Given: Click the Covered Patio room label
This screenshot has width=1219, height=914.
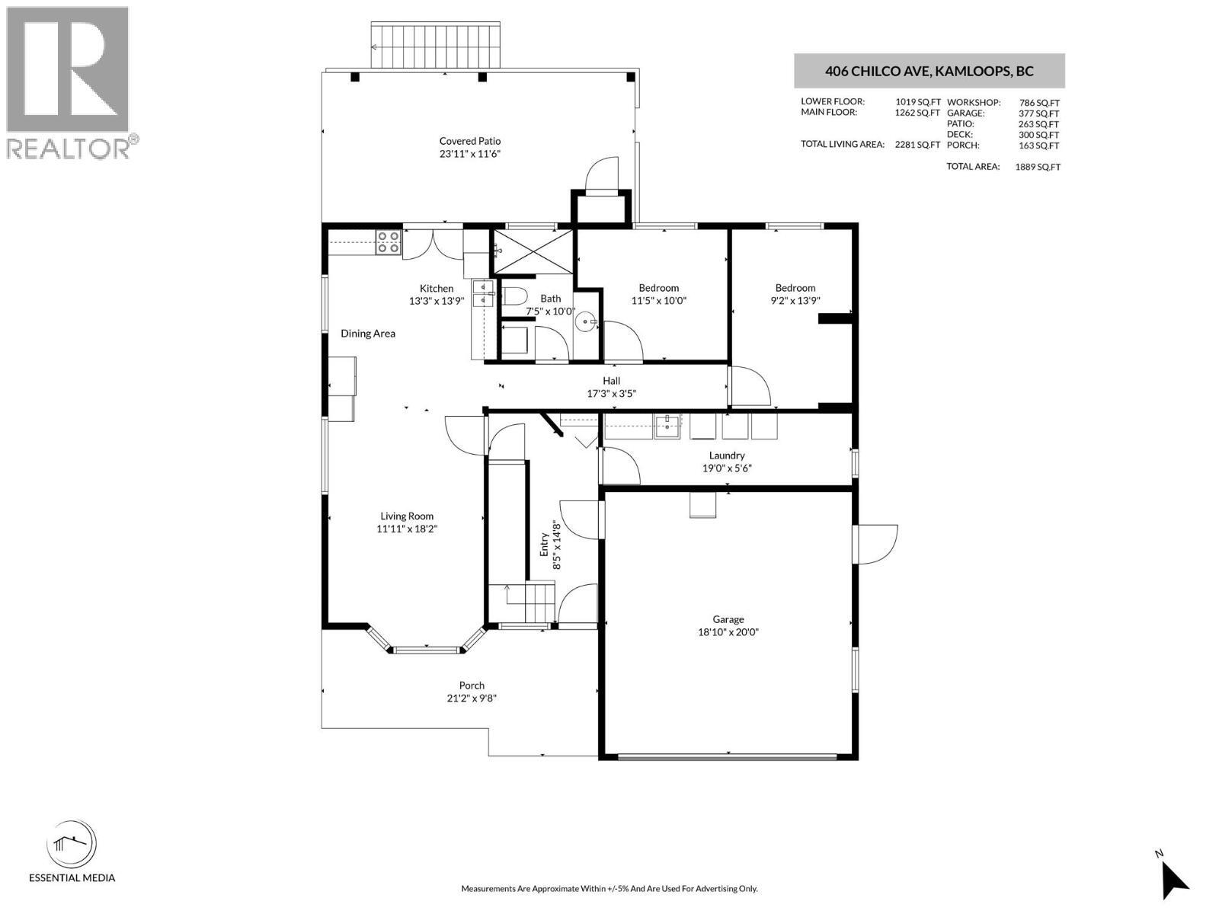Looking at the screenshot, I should click(x=469, y=141).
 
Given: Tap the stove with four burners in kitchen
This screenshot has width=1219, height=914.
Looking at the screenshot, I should click(x=388, y=242).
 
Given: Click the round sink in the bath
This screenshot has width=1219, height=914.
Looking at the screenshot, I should click(x=587, y=321).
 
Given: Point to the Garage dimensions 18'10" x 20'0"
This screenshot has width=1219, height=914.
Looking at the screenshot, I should click(x=728, y=632).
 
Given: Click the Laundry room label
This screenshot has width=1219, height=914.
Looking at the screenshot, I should click(x=726, y=455).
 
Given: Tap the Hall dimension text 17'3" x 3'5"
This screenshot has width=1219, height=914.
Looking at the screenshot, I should click(x=611, y=394).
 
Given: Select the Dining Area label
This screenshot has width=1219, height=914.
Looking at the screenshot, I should click(x=367, y=334).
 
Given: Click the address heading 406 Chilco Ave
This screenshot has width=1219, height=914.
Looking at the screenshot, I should click(x=929, y=72).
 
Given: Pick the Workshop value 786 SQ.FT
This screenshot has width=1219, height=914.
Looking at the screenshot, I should click(x=1038, y=102).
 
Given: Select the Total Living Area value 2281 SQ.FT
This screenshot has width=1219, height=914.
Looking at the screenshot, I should click(x=917, y=145).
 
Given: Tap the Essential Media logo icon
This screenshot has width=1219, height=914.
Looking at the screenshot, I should click(x=72, y=845).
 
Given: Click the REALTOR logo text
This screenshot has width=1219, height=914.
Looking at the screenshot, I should click(x=69, y=148).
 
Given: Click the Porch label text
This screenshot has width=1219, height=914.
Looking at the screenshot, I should click(x=472, y=685).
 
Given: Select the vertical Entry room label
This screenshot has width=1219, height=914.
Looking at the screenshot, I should click(x=545, y=545).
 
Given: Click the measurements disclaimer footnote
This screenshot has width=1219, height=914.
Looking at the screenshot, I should click(x=609, y=889).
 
